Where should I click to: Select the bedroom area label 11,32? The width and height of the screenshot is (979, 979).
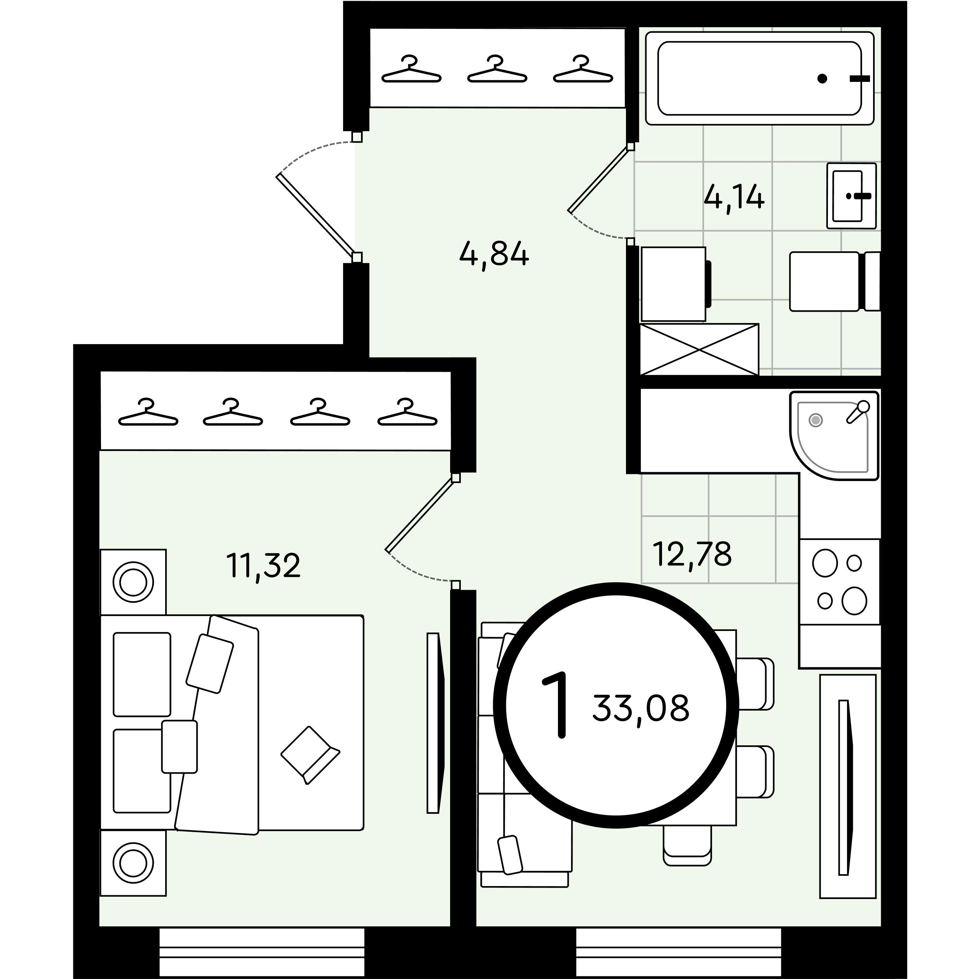click(x=263, y=566)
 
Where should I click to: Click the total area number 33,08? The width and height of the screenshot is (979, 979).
click(x=641, y=708)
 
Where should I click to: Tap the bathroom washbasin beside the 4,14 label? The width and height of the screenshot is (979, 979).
click(x=851, y=195)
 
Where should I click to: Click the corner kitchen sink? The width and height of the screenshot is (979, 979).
click(x=834, y=436)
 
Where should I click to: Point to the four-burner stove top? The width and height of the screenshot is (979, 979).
click(x=840, y=582)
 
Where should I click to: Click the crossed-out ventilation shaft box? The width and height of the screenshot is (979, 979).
click(x=699, y=350)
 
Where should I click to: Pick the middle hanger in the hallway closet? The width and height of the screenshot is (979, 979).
click(x=497, y=69)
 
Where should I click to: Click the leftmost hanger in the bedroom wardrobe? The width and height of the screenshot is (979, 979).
click(x=148, y=412)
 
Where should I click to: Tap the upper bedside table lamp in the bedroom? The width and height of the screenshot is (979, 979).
click(x=133, y=582)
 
